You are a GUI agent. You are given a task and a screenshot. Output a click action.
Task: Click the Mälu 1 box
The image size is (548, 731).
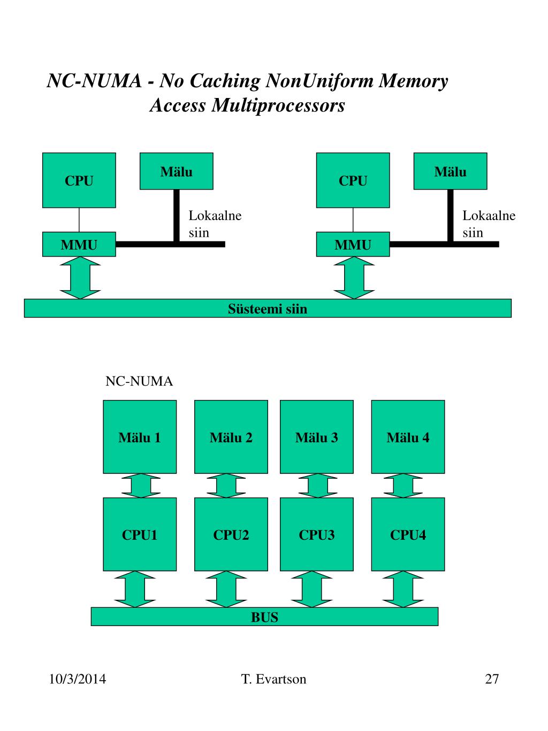coord(140,437)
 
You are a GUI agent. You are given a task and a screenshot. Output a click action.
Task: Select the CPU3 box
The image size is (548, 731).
coord(317,534)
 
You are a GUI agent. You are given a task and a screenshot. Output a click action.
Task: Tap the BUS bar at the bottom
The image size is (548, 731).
coord(264,617)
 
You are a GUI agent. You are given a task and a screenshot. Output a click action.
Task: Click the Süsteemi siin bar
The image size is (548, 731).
coord(268,308)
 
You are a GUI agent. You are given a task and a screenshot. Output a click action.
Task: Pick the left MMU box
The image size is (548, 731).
coord(79,245)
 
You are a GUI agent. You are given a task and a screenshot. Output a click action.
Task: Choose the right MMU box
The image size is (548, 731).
coord(353,245)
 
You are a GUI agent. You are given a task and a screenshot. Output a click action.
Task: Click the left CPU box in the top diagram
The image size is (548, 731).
coord(79,180)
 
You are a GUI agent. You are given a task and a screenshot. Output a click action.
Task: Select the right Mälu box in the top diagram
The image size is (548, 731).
coord(450,171)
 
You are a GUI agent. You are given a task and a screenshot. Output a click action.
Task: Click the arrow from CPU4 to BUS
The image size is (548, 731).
coord(404,589)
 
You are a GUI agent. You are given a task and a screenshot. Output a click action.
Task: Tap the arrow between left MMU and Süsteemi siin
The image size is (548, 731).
coord(80,277)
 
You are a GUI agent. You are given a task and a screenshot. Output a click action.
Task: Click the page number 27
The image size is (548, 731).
coord(492,680)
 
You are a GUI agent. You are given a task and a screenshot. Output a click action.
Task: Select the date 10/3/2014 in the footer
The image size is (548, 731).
coord(78,680)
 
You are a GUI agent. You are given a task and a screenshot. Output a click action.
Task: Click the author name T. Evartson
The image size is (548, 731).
coord(273,680)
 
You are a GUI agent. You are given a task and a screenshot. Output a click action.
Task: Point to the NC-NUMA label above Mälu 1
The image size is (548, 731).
coord(139,381)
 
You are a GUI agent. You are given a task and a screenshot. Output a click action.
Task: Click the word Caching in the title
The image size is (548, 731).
coord(225,81)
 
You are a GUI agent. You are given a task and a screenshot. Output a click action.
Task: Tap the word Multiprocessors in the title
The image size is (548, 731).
coord(278,105)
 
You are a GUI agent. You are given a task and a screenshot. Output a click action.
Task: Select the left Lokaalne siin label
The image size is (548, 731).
coord(215,224)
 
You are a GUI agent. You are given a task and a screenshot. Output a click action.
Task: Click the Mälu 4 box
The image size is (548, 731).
coord(408,437)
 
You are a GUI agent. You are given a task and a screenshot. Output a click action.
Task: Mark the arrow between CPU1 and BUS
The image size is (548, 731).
coord(135,589)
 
